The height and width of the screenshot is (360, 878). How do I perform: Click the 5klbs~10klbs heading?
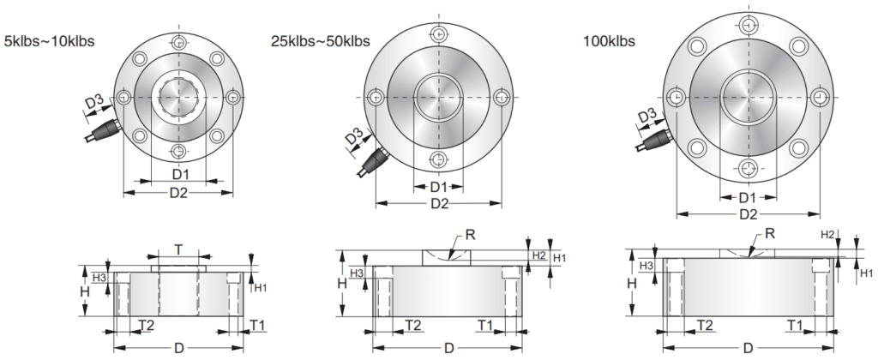(50, 40)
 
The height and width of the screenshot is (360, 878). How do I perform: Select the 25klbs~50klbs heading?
(320, 40)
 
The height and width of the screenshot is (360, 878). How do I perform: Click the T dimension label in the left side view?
(177, 249)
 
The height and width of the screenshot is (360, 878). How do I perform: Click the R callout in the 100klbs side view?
(769, 233)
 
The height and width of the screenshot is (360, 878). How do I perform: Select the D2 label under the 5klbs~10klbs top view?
(177, 193)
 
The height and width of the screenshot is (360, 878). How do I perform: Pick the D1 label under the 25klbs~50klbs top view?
(438, 187)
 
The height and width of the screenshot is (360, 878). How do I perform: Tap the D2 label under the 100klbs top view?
(748, 213)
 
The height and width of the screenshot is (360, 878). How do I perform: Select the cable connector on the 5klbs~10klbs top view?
(105, 131)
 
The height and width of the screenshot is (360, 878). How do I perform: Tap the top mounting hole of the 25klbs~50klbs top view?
(438, 33)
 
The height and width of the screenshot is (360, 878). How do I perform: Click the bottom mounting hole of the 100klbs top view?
(748, 167)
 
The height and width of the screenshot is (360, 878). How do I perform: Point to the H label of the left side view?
(84, 292)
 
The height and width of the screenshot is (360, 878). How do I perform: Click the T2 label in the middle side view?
(413, 325)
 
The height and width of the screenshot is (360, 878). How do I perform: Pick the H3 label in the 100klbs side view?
(647, 267)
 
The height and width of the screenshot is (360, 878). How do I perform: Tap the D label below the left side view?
(177, 349)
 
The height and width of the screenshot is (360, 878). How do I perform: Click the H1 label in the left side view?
(259, 288)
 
